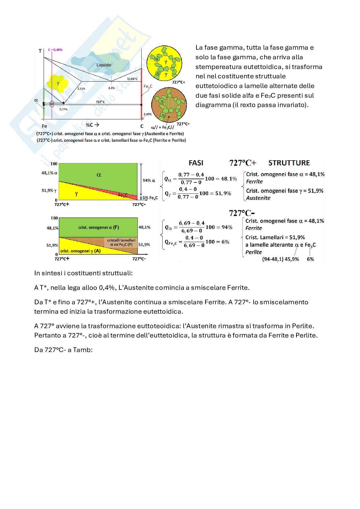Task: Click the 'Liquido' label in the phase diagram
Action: coord(104,65)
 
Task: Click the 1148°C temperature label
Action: coord(132,79)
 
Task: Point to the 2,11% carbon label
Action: coord(81,89)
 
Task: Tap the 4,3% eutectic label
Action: coord(111,88)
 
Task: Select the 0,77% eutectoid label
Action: coord(63,109)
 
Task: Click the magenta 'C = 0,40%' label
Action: coord(55,50)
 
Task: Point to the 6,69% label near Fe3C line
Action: coord(147,114)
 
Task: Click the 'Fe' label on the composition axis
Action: coord(44,126)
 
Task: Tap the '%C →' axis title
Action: coord(93,125)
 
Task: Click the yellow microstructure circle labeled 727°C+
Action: coord(165,64)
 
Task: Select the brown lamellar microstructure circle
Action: coord(169,105)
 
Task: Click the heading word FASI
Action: coord(196,163)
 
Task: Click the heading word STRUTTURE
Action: coord(289,163)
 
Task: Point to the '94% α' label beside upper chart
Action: coord(149,181)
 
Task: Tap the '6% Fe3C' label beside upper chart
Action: coord(150,198)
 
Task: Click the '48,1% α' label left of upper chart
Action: coord(49,173)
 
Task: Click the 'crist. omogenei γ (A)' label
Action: coord(80,251)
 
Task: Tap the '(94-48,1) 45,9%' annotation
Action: coord(280,259)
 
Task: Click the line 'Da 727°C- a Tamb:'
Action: coord(64,350)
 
